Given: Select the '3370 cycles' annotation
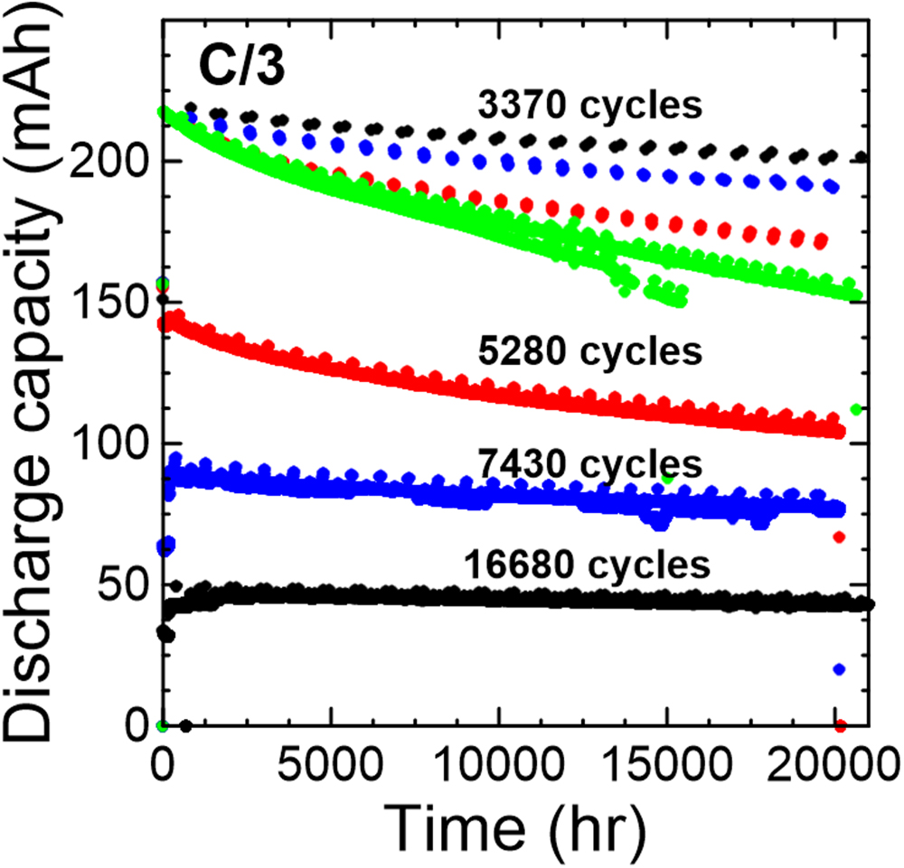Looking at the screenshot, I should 590,107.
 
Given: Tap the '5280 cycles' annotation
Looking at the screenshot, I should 590,351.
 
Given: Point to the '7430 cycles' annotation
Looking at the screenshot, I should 590,465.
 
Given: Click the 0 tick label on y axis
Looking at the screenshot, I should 137,726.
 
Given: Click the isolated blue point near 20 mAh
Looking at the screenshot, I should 839,669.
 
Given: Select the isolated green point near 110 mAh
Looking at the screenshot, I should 857,410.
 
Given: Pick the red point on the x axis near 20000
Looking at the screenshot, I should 840,725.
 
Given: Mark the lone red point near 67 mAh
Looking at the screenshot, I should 839,537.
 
